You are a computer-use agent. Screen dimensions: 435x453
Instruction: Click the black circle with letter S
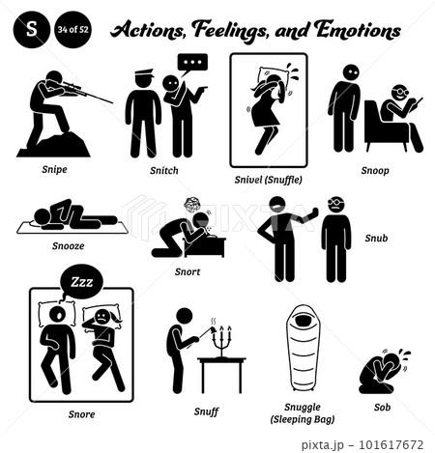(32, 29)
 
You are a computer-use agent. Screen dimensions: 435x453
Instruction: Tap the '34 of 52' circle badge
(72, 29)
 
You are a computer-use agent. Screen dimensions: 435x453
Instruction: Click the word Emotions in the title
(358, 31)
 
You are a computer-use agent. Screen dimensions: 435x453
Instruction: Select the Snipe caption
(54, 169)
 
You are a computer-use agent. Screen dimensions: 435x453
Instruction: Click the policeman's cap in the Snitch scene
(144, 73)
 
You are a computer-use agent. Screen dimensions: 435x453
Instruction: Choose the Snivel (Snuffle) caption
(268, 180)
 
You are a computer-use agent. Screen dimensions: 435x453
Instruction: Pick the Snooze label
(69, 245)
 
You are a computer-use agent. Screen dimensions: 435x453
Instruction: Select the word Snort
(188, 271)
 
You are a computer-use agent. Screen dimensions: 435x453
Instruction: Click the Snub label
(376, 238)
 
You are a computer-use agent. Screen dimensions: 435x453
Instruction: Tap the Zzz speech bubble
(82, 282)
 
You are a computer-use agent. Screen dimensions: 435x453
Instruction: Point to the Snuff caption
(206, 411)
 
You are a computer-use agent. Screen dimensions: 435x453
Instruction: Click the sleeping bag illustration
(303, 348)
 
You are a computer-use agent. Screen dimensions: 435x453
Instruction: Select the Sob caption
(382, 408)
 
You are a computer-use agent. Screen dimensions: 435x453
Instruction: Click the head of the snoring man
(59, 315)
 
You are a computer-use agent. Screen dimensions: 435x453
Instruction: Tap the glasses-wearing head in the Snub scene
(336, 205)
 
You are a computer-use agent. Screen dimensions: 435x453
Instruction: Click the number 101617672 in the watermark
(391, 445)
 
